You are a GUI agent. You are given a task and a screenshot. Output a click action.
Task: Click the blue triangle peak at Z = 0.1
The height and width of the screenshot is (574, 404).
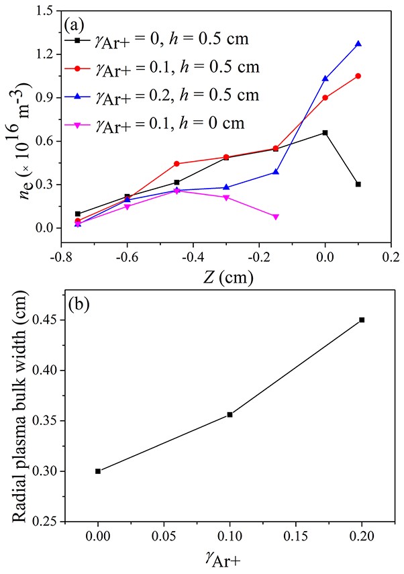pyautogui.click(x=358, y=44)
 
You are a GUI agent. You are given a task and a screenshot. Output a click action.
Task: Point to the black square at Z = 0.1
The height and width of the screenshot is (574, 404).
pyautogui.click(x=358, y=184)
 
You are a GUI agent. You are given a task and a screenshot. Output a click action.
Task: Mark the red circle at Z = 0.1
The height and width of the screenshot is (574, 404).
pyautogui.click(x=358, y=76)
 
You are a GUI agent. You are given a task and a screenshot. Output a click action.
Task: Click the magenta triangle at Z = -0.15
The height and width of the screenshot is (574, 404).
pyautogui.click(x=275, y=216)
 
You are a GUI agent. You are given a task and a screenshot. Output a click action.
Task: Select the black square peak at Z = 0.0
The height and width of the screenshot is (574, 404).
pyautogui.click(x=325, y=133)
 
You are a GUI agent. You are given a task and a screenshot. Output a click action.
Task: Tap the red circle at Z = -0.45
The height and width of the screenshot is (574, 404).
pyautogui.click(x=176, y=164)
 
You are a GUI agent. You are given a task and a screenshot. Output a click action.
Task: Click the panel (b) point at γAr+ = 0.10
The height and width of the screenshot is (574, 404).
pyautogui.click(x=230, y=414)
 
